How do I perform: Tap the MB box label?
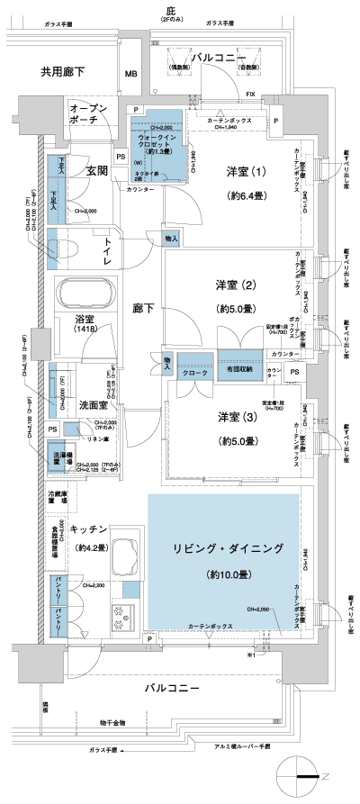tap(130, 74)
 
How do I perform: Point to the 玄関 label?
tap(96, 168)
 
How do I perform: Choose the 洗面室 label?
tap(94, 404)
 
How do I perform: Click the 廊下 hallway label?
tap(142, 309)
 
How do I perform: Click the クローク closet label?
tap(195, 372)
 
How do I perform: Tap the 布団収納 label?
tap(238, 370)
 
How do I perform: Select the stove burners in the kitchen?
tap(120, 619)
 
